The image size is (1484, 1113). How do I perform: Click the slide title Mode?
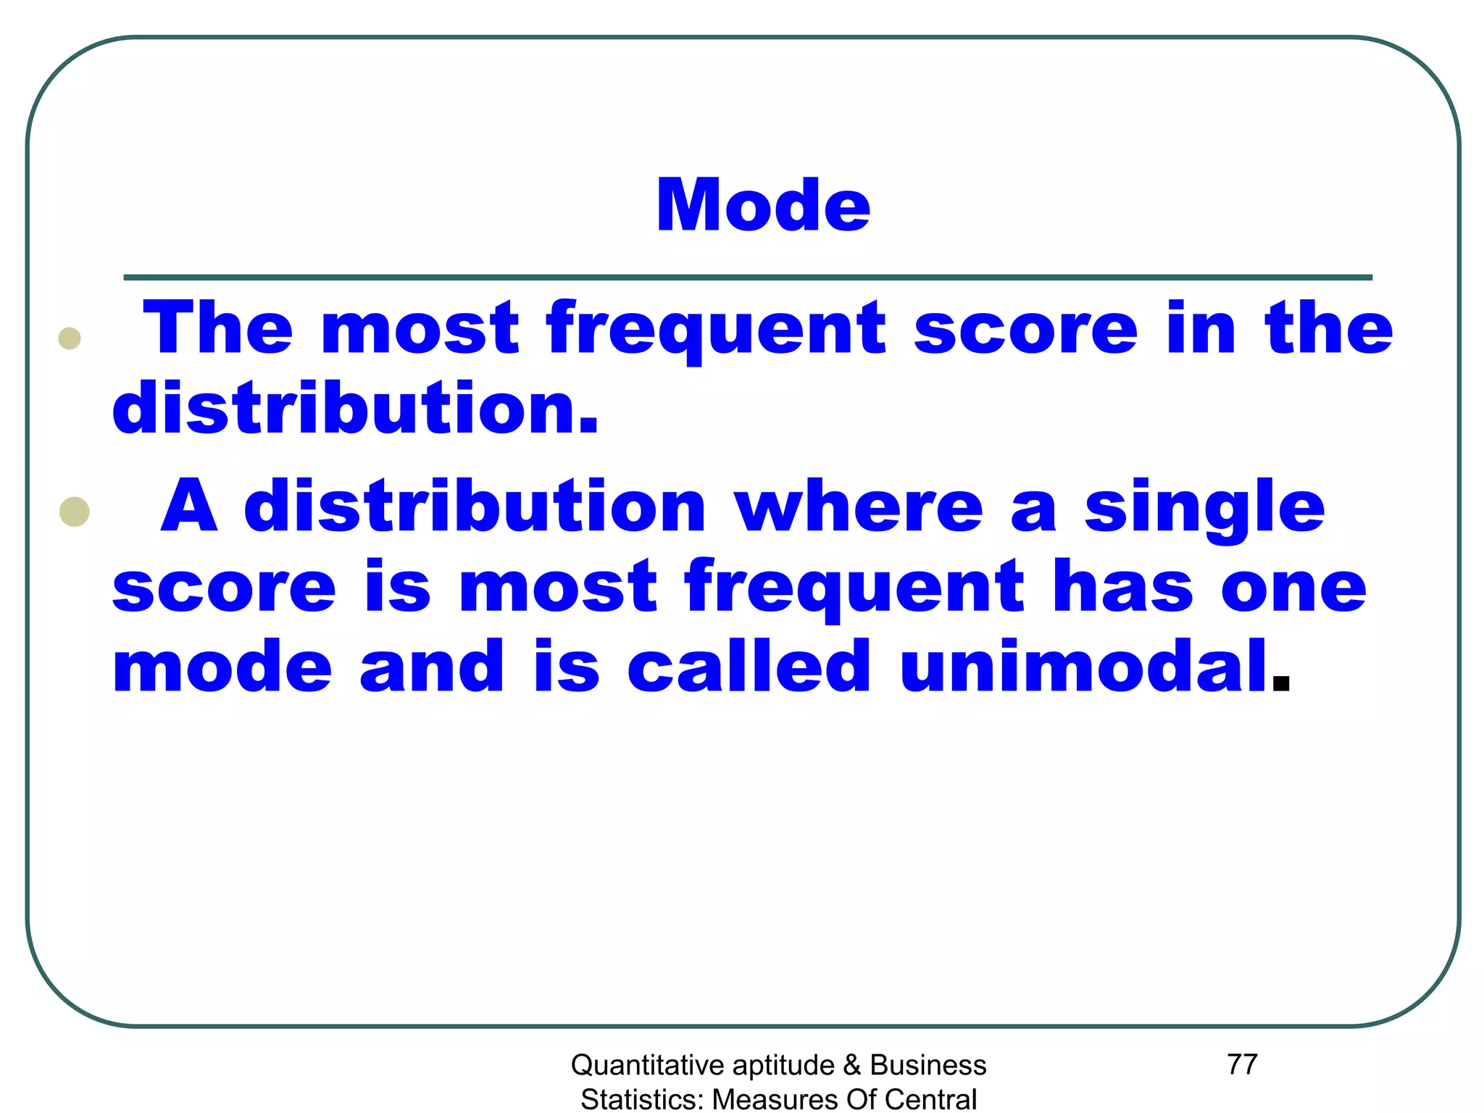coord(762,206)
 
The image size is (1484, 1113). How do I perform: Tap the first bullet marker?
coord(70,338)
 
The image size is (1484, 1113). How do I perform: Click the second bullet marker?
coord(75,512)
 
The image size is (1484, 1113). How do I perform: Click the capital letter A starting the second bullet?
coord(189,506)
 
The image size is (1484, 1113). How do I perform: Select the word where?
coord(858,506)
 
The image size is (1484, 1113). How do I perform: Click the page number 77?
coord(1242,1064)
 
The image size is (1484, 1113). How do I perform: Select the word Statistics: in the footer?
coord(642,1099)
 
